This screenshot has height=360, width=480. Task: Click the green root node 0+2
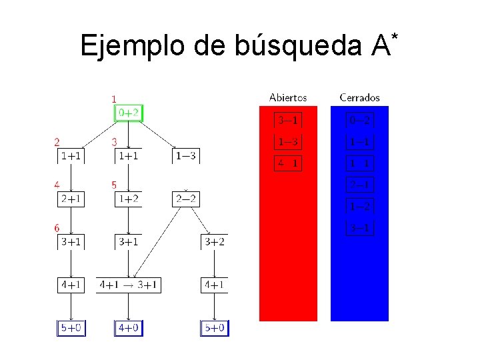click(129, 113)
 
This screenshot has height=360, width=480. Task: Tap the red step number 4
click(57, 185)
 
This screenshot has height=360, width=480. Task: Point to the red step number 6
click(57, 228)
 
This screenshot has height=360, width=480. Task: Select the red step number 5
click(114, 185)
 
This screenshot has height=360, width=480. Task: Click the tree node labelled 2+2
click(186, 199)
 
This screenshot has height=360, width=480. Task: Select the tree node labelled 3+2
click(215, 241)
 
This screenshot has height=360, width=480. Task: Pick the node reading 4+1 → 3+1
click(129, 285)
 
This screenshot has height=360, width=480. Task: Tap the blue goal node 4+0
click(129, 328)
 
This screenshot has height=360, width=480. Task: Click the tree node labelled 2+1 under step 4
click(71, 199)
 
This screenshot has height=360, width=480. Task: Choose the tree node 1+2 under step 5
click(129, 199)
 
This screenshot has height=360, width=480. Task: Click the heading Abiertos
click(288, 97)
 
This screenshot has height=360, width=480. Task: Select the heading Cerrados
click(359, 97)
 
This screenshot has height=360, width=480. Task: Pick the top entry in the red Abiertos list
click(288, 121)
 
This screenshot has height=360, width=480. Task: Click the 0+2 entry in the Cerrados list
click(360, 121)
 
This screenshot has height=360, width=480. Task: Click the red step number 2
click(57, 142)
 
